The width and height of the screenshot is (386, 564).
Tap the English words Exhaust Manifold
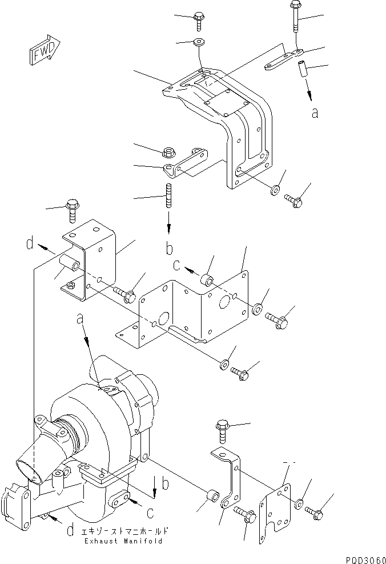(123, 541)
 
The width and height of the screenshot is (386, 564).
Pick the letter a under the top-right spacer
(315, 113)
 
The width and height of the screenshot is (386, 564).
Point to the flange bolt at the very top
(199, 21)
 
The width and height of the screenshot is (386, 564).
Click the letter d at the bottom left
(69, 530)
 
